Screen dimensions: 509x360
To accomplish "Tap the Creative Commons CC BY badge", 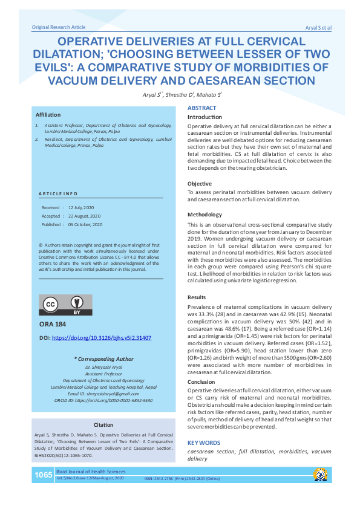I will [x=65, y=305].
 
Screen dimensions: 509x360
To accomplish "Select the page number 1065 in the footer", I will [x=43, y=475].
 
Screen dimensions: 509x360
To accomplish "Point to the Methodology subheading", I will [x=205, y=215].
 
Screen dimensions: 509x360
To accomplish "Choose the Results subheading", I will [x=197, y=297].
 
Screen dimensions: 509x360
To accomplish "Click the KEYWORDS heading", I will [x=205, y=443].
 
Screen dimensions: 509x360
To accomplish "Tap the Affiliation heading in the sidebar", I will [x=48, y=114].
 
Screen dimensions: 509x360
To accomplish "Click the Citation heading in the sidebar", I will [x=103, y=425].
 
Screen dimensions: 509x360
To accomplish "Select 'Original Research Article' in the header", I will [x=59, y=27].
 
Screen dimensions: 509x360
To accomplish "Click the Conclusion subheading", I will [x=201, y=381].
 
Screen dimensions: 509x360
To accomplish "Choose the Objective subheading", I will [x=200, y=183].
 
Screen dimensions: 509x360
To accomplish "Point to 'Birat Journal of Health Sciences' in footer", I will [x=91, y=472].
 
